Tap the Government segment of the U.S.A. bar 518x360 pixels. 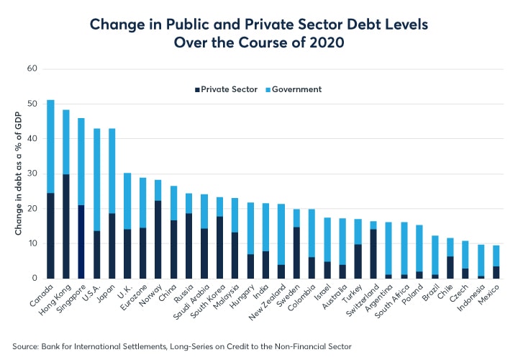(x=96, y=179)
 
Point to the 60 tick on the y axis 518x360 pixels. (x=31, y=69)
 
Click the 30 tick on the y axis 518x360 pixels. (x=31, y=174)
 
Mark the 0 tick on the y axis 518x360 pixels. (x=33, y=278)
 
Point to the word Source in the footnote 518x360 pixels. (x=27, y=346)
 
